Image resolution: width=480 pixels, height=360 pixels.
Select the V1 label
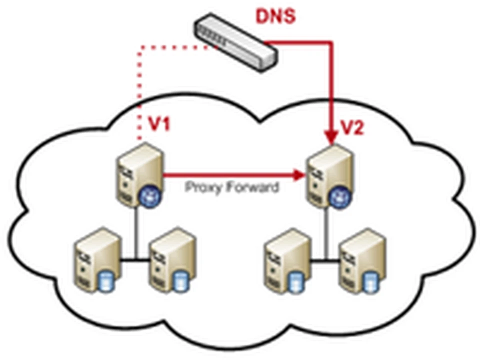[x=159, y=124]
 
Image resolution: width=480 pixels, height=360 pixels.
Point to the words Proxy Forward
[x=232, y=186]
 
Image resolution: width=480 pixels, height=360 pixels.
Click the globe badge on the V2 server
[x=340, y=198]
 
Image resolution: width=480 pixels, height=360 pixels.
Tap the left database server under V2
[x=286, y=261]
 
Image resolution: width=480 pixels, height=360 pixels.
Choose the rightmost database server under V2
[x=362, y=261]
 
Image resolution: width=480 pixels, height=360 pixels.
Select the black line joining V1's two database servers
[x=134, y=261]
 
